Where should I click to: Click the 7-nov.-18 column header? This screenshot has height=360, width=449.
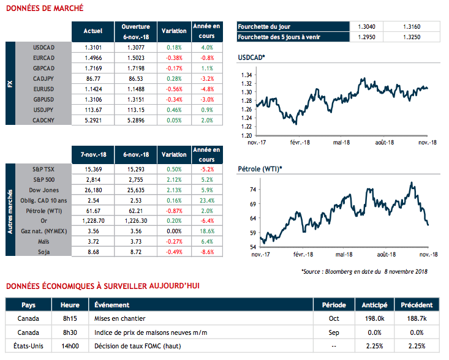pos(93,155)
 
